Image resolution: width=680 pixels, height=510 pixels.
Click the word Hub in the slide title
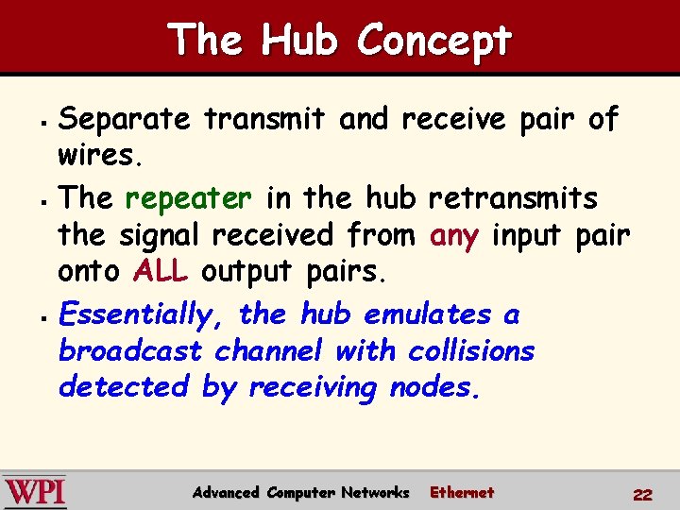pyautogui.click(x=301, y=41)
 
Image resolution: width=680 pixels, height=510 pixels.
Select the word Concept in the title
pyautogui.click(x=434, y=41)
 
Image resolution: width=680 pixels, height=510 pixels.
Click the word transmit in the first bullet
pyautogui.click(x=264, y=119)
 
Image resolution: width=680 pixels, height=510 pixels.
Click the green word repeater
pyautogui.click(x=188, y=198)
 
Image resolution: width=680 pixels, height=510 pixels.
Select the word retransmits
pyautogui.click(x=513, y=198)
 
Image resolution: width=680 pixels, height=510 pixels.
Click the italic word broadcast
pyautogui.click(x=130, y=350)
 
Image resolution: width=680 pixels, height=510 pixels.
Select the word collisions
pyautogui.click(x=471, y=350)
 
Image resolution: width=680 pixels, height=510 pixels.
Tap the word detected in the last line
pyautogui.click(x=125, y=386)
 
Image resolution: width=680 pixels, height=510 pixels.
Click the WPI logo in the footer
pyautogui.click(x=35, y=492)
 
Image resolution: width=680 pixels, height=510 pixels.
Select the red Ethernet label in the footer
pyautogui.click(x=461, y=492)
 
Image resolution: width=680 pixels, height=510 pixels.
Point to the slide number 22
pyautogui.click(x=642, y=494)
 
